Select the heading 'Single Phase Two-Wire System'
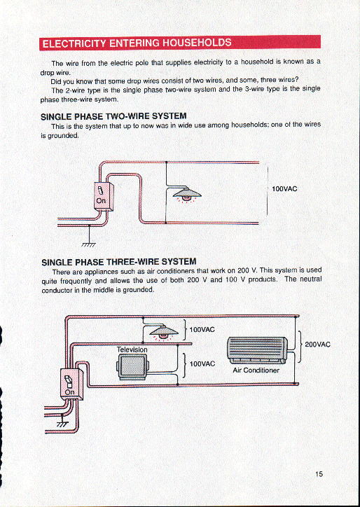113,116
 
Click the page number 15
319,474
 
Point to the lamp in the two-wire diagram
185,193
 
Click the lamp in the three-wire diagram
162,332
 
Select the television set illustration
133,366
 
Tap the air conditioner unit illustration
257,349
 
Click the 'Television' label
132,349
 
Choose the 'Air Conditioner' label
256,370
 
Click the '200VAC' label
317,345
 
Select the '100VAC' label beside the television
202,364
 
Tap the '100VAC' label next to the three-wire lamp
202,328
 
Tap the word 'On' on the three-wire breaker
69,393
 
